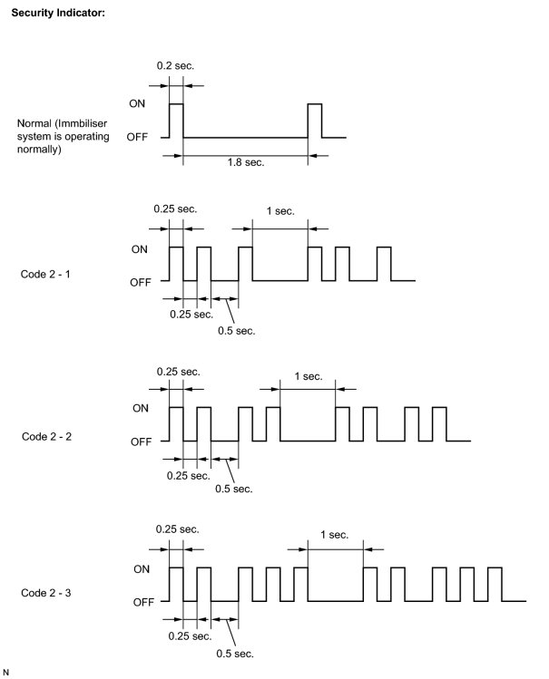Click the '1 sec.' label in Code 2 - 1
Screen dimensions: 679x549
279,211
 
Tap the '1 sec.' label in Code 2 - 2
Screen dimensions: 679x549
308,376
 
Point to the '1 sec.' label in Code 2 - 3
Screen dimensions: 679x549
335,535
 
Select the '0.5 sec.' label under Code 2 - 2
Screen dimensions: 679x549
234,490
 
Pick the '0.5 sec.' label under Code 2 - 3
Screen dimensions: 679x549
234,654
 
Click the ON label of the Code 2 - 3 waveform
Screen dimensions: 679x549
142,569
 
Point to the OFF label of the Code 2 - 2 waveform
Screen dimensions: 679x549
141,441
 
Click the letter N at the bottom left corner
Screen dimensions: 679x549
6,672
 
